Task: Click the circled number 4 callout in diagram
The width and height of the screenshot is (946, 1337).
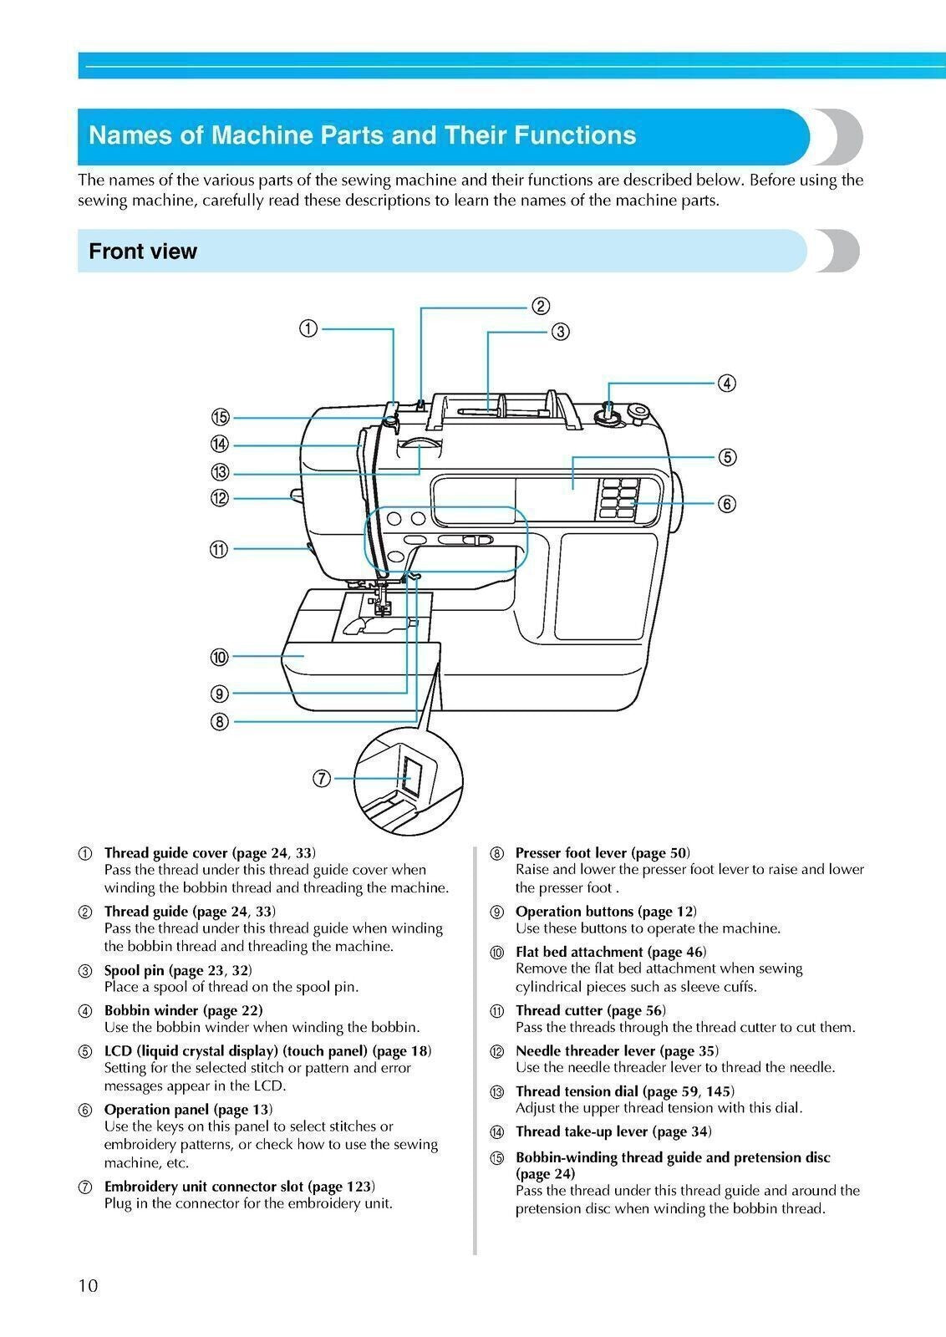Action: coord(727,384)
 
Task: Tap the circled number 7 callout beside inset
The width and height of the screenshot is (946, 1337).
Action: coord(321,779)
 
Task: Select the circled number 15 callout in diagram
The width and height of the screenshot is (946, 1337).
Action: coord(220,418)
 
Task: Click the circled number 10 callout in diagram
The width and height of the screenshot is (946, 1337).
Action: coord(220,658)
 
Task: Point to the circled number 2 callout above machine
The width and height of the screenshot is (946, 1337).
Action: coord(541,306)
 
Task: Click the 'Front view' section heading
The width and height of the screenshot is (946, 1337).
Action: coord(143,252)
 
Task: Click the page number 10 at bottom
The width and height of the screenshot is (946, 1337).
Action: coord(89,1285)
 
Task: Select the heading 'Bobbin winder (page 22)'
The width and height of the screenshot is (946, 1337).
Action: coord(183,1010)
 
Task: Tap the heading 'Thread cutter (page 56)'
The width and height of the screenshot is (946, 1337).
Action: coord(590,1010)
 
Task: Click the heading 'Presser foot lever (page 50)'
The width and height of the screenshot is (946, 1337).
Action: coord(603,852)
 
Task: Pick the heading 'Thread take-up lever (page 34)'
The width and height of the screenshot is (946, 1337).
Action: coord(613,1131)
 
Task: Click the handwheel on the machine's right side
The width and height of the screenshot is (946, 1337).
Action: coord(677,501)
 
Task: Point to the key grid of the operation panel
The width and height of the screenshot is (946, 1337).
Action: coord(617,499)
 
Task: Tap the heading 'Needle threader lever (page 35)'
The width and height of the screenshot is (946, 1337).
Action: coord(617,1050)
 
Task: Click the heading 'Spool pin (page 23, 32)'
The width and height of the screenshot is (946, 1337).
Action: coord(177,970)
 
